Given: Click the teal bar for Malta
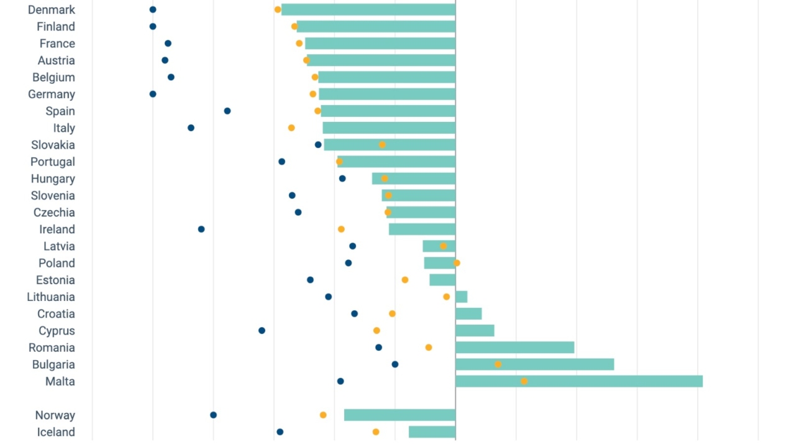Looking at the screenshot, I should tap(578, 381).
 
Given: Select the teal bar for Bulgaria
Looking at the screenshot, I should tap(534, 364).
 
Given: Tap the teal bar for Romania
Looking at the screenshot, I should tap(514, 348).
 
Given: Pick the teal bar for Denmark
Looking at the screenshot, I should tap(368, 9).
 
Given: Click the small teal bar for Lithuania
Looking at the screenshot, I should tap(461, 297).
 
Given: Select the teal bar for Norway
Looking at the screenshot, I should tap(399, 415).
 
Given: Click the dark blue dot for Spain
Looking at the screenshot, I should tap(227, 111).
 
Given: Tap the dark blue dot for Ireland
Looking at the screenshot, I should tap(201, 229).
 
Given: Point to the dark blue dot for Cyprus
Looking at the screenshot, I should tap(262, 330).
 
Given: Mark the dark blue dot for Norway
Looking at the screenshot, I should tap(213, 415).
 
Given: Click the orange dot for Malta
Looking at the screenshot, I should tap(524, 381).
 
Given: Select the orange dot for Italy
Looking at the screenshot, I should tap(291, 127).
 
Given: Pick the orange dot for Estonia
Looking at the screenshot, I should tap(405, 280).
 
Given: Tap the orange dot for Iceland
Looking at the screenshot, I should tap(376, 432).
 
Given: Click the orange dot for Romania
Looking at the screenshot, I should tap(429, 348).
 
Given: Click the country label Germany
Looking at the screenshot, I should tap(52, 94).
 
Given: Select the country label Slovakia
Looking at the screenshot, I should tap(53, 145).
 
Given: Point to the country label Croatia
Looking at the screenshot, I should tap(56, 313).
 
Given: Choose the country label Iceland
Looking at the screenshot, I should tap(56, 432).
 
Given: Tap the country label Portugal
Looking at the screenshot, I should tap(53, 162).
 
